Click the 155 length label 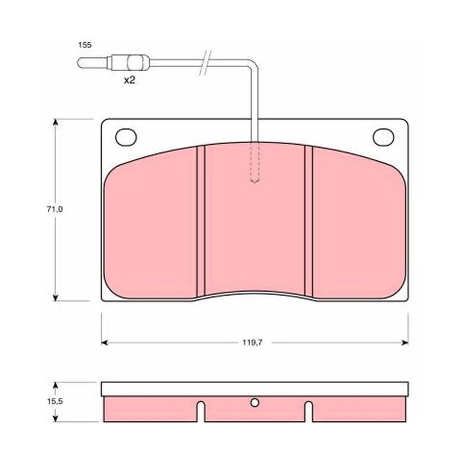point(84,45)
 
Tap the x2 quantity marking point(129,80)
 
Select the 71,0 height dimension point(54,210)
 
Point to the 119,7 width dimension point(252,343)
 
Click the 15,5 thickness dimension point(55,402)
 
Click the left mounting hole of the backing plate point(126,137)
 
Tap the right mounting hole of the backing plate point(383,137)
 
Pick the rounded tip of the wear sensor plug point(79,63)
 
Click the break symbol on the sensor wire point(205,63)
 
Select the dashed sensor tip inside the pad point(255,163)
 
